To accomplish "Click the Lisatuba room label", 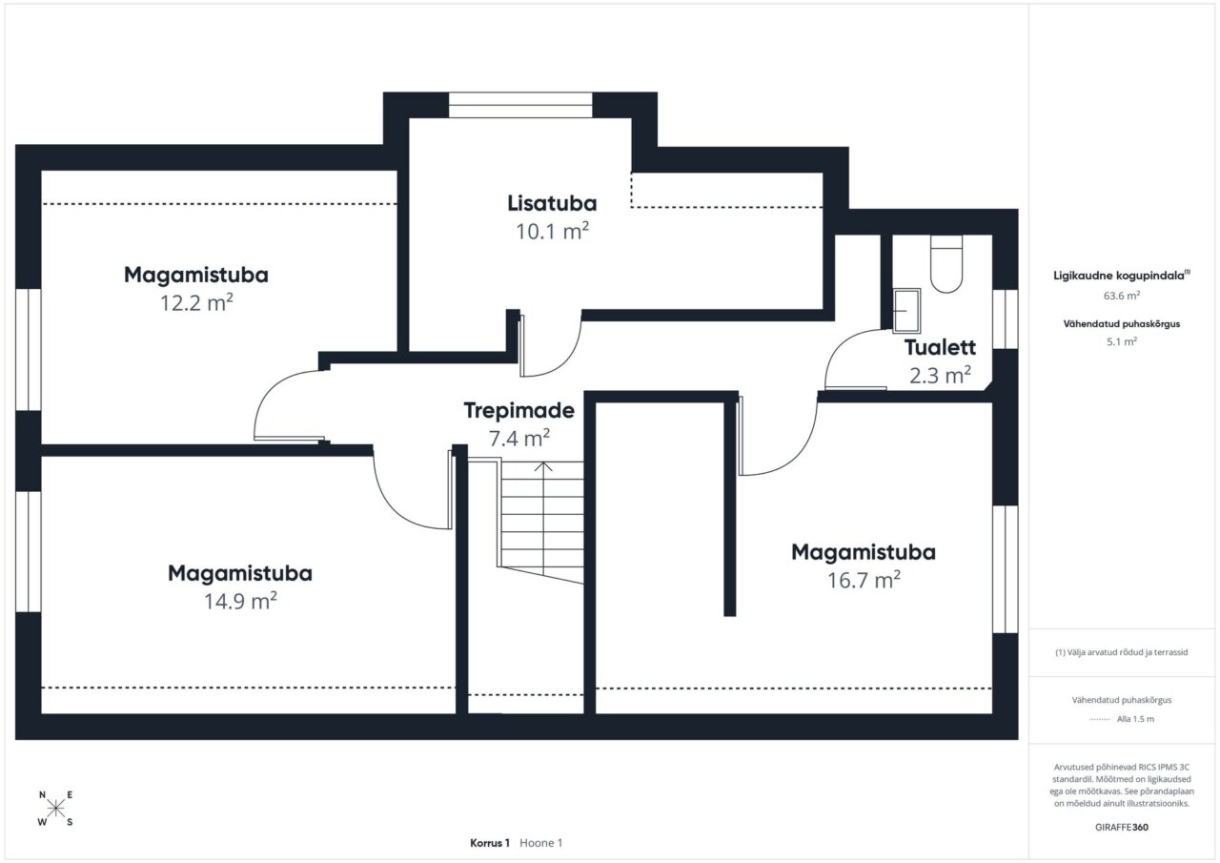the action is click(552, 203).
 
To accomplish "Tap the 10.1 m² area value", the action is click(552, 231).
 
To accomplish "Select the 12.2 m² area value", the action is click(196, 302).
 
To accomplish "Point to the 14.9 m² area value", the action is click(240, 601).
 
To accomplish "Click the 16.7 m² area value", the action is click(864, 580).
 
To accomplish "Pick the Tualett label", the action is click(940, 348).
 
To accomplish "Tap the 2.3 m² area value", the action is click(940, 375).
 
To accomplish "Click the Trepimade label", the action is click(519, 411).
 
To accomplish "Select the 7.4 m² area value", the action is click(519, 438).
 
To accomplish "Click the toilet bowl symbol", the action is click(946, 264).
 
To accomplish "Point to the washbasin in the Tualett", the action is click(906, 311).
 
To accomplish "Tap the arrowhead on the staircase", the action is click(543, 466).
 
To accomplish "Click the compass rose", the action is click(55, 808).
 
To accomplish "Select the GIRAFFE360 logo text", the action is click(1122, 827).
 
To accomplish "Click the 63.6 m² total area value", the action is click(1122, 296).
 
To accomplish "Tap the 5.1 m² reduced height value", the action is click(1122, 341).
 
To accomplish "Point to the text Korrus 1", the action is click(490, 843).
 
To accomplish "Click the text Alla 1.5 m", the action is click(1135, 719).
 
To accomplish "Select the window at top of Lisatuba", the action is click(520, 105).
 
